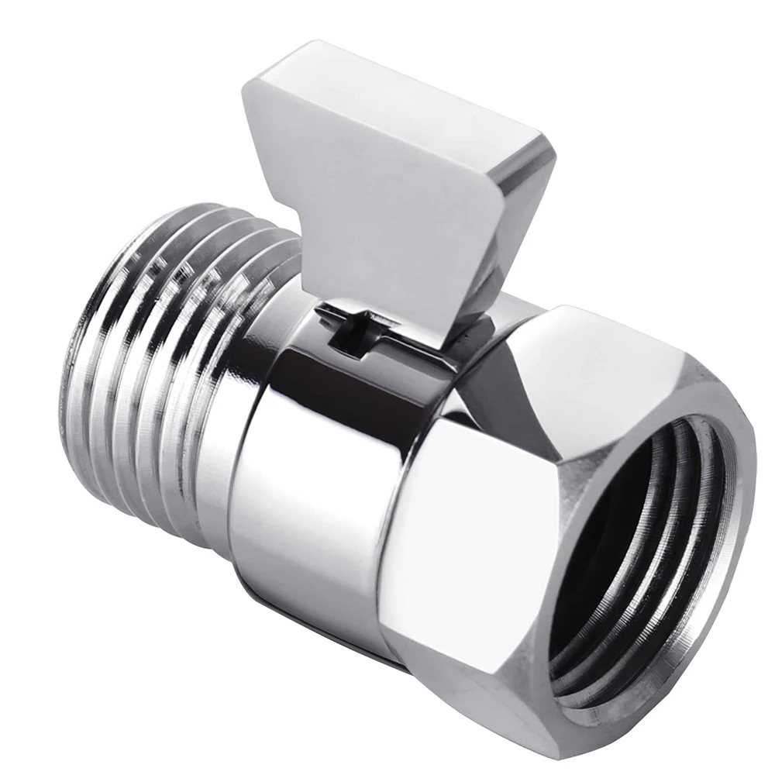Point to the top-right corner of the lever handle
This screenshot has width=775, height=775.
tap(550, 147)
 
